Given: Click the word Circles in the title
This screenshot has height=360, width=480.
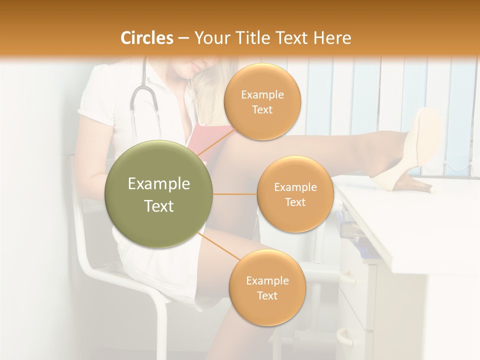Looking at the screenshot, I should (146, 38).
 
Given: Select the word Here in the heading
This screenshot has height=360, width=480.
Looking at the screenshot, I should (332, 38).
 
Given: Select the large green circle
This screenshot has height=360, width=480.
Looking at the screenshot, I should (159, 194).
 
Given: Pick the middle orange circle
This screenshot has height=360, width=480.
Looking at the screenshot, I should (295, 194).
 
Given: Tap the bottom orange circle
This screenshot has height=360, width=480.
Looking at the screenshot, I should (267, 288).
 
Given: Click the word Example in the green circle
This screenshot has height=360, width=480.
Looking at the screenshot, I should (159, 184).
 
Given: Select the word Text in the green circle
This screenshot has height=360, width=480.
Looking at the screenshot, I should (159, 206).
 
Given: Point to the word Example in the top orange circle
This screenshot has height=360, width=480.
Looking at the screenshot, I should (262, 94).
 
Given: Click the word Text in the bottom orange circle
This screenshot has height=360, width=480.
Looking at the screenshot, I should (267, 295).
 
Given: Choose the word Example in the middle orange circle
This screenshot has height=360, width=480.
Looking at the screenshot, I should (295, 187).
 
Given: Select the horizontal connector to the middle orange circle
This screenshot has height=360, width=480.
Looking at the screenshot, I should (235, 194).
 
